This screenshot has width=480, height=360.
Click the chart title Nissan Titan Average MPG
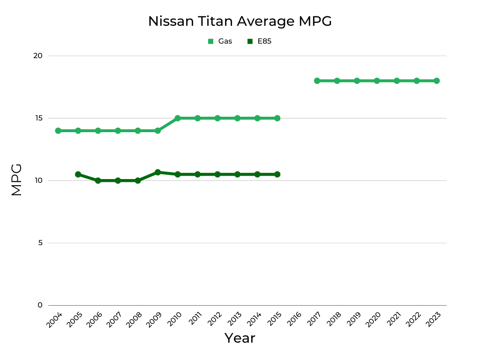(240, 22)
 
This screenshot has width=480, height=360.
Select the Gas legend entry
(220, 41)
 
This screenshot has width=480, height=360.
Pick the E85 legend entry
(260, 41)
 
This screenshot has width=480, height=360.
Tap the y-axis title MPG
(16, 180)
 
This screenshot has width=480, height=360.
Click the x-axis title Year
(240, 338)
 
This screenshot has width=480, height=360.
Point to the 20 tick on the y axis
(38, 56)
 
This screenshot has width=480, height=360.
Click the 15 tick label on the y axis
(38, 118)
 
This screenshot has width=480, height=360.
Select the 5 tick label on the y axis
(40, 243)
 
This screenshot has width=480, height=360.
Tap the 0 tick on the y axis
(40, 305)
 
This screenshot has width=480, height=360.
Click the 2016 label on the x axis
(294, 320)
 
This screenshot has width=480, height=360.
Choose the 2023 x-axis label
(434, 320)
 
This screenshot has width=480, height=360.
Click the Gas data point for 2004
(58, 131)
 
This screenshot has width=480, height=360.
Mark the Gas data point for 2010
(178, 118)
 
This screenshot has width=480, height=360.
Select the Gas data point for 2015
(277, 118)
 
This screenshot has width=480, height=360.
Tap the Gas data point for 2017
(317, 81)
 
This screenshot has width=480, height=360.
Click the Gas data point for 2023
(436, 81)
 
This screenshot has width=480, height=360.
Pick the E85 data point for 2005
(78, 174)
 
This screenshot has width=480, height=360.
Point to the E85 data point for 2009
(157, 172)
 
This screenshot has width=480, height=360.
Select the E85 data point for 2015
(277, 174)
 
